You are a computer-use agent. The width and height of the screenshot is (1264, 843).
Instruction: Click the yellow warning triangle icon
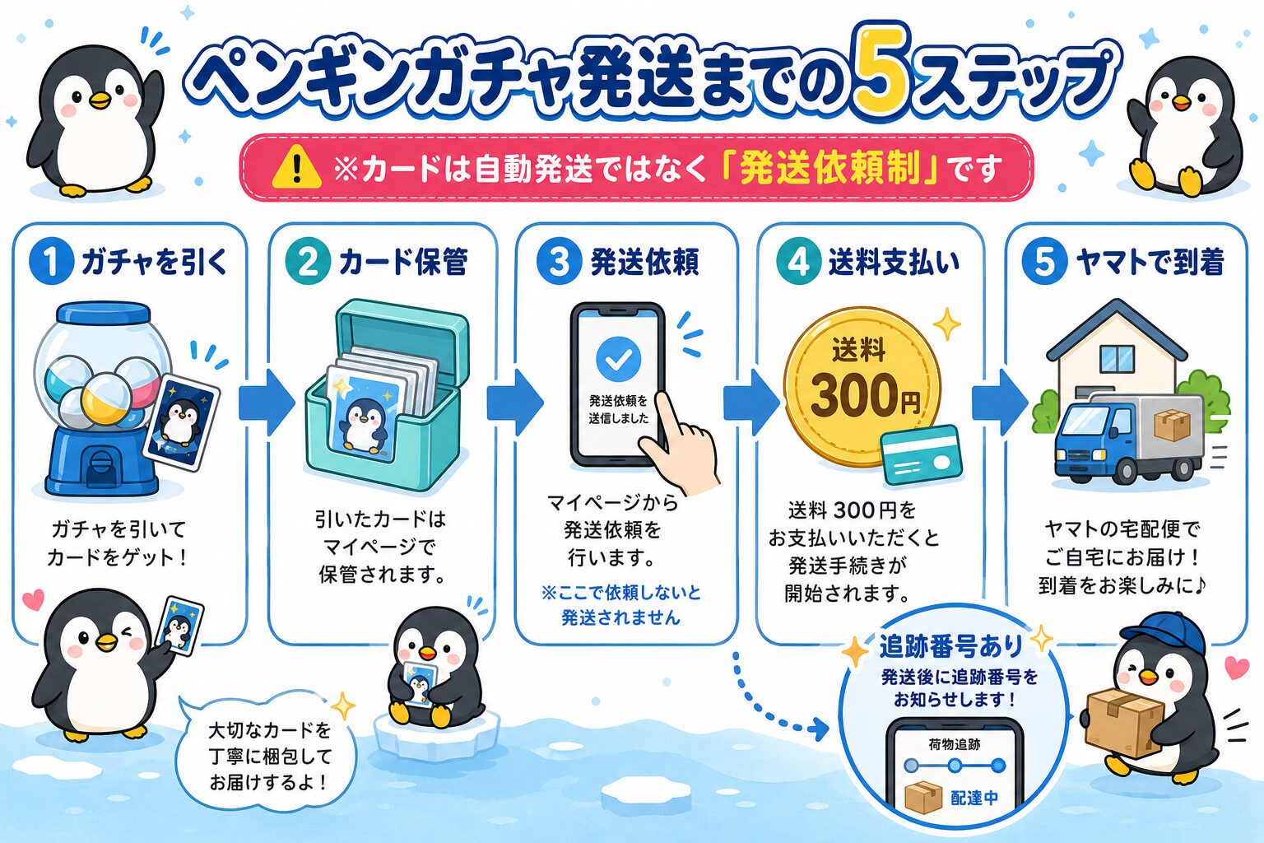tap(297, 166)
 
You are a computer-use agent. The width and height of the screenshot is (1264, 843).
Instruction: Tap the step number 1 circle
tap(51, 262)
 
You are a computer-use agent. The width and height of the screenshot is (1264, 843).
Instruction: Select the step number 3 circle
tap(559, 262)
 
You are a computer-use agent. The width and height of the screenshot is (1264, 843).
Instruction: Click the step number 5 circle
tap(1044, 262)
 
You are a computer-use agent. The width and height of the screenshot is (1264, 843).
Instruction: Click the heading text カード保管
tap(403, 262)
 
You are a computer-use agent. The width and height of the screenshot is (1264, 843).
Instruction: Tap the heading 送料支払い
tap(894, 262)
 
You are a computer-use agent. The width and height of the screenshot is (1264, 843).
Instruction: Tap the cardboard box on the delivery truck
tap(1172, 425)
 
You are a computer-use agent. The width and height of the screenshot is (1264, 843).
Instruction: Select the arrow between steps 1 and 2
tap(267, 403)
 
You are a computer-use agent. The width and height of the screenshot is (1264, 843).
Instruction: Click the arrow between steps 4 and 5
tap(1000, 403)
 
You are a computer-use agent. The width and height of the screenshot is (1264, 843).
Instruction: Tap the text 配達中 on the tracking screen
tap(974, 797)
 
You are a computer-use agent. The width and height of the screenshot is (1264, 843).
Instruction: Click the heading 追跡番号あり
tap(950, 646)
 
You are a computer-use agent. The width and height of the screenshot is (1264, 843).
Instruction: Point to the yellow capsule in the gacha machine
tap(105, 400)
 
